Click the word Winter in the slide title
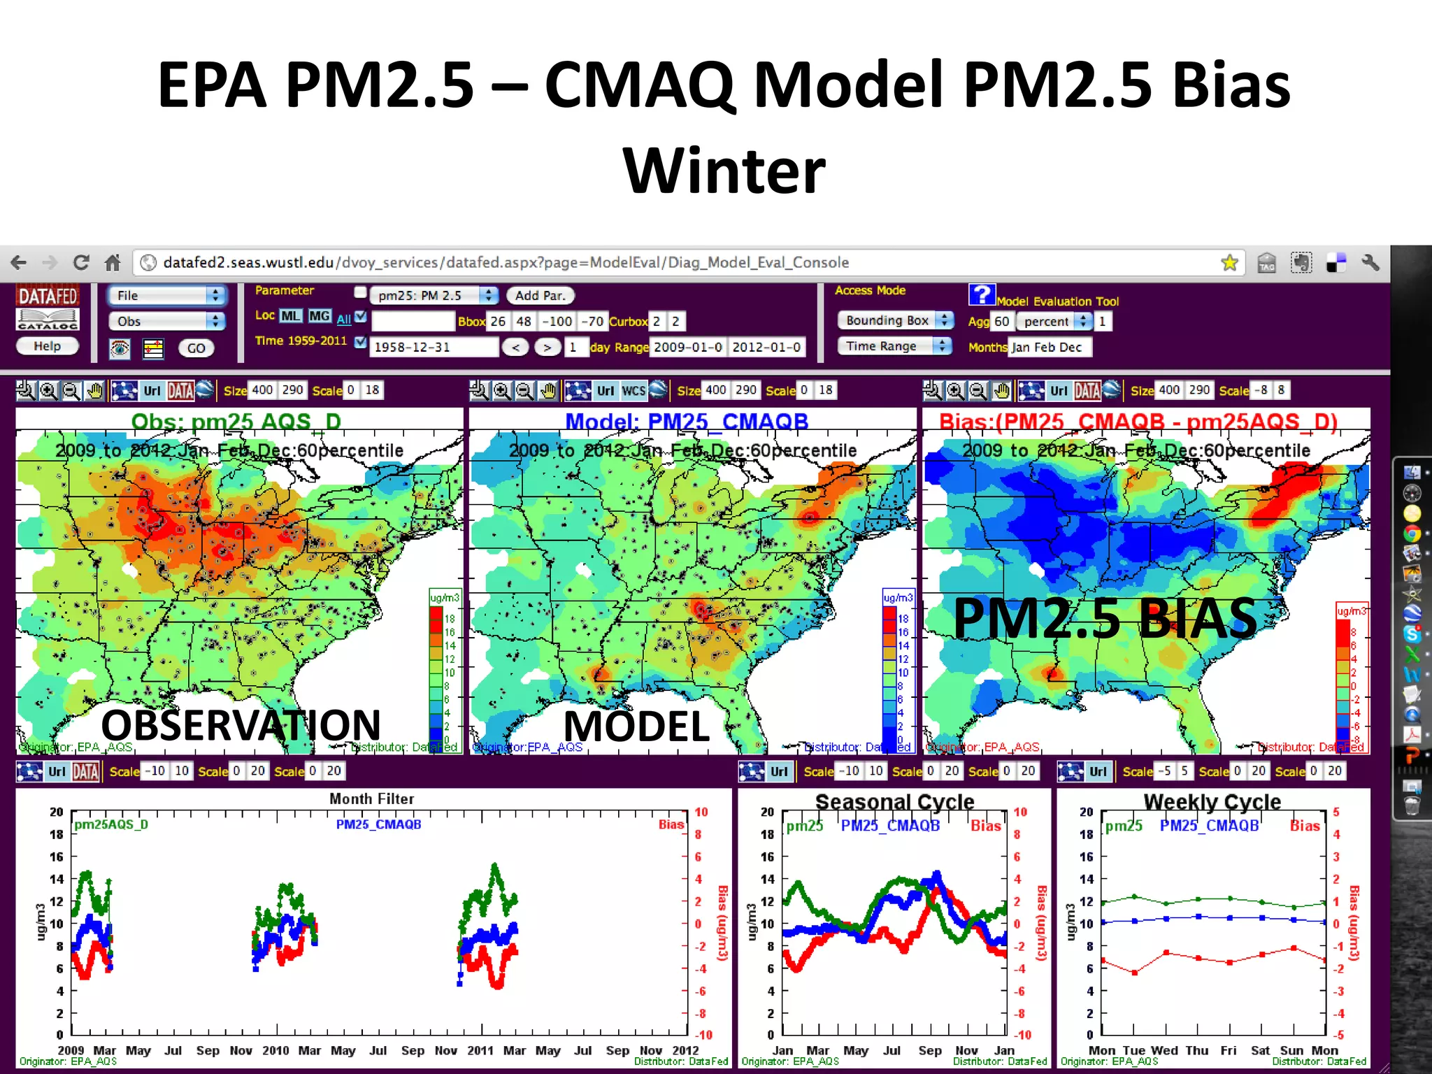(724, 171)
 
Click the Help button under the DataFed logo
(47, 346)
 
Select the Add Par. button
(539, 296)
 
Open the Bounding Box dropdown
(895, 320)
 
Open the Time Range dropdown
(894, 346)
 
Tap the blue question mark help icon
(981, 294)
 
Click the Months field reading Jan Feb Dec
(1049, 347)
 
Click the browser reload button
(81, 263)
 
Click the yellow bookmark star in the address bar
(1229, 263)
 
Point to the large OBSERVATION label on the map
(241, 724)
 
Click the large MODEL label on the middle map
(636, 726)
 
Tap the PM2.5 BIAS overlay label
(1105, 618)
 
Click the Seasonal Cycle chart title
(894, 801)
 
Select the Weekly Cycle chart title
(1212, 801)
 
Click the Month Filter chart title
(371, 799)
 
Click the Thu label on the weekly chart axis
(1196, 1050)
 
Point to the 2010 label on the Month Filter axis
(275, 1050)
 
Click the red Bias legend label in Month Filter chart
(671, 824)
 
